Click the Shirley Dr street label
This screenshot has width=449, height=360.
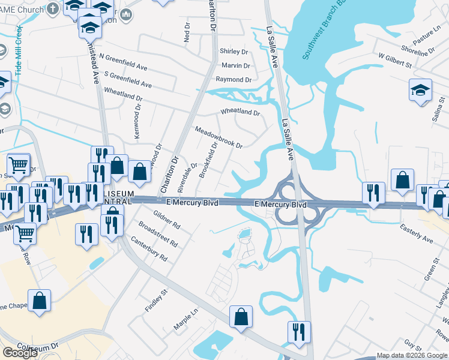(x=234, y=52)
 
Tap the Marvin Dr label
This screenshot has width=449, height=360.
(x=235, y=65)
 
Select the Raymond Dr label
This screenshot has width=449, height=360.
(x=234, y=79)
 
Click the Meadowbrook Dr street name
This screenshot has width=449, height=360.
(x=218, y=137)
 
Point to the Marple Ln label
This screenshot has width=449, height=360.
(x=185, y=320)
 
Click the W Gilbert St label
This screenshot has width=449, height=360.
(x=395, y=60)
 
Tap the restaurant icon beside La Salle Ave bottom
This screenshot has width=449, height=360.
(x=299, y=332)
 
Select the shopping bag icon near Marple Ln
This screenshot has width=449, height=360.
(x=240, y=316)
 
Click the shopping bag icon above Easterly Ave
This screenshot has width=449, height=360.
(x=402, y=179)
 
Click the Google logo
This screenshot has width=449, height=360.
(x=20, y=353)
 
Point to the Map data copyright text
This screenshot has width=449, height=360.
(x=412, y=355)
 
